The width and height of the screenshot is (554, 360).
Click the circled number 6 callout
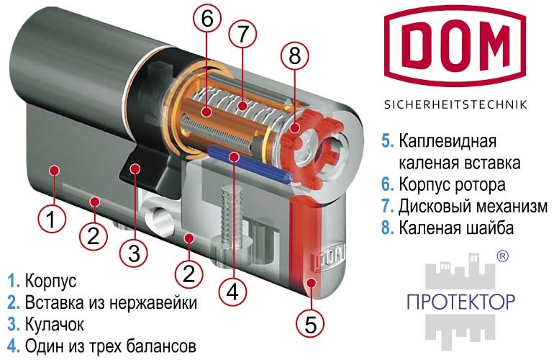[207, 18]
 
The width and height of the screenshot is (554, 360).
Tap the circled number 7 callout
[242, 34]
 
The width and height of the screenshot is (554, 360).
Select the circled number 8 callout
[295, 55]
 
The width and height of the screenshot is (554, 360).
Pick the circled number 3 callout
[134, 253]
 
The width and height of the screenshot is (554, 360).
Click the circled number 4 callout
[233, 292]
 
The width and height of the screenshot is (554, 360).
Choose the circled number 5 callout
[311, 323]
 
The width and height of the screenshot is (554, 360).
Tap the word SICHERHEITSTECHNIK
[455, 104]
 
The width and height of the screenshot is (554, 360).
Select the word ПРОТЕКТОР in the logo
[460, 302]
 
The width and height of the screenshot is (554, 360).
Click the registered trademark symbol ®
[502, 256]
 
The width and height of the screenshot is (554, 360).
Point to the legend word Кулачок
[55, 324]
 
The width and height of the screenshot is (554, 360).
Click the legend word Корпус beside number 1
[50, 282]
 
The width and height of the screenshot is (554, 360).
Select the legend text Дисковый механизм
[473, 206]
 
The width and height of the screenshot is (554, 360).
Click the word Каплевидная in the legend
[448, 141]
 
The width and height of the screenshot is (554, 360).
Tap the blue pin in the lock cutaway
[250, 164]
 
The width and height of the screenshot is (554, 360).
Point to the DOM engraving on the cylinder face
[328, 256]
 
